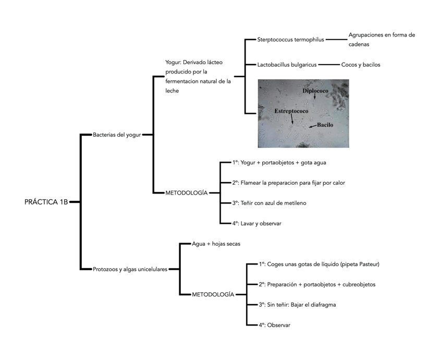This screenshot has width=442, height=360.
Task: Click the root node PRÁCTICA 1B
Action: [46, 202]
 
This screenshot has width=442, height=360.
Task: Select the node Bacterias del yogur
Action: [117, 135]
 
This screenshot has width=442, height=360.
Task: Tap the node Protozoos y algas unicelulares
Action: [130, 269]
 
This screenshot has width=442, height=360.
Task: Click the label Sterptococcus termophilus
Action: [290, 39]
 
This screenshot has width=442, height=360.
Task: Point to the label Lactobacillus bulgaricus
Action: [287, 65]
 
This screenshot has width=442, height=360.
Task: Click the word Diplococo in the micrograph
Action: [315, 91]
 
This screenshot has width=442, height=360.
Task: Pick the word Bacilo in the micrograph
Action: [325, 125]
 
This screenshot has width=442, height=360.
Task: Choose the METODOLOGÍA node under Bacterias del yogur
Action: [186, 193]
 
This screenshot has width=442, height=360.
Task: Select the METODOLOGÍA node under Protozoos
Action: [213, 295]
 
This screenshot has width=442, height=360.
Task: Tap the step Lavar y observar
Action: [257, 223]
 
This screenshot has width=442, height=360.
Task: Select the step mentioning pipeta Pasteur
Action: [319, 264]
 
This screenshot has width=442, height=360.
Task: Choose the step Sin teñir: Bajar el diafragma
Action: [297, 305]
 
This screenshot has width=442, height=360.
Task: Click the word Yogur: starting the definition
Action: [173, 62]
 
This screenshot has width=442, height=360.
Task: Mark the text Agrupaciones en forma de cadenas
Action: [382, 40]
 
